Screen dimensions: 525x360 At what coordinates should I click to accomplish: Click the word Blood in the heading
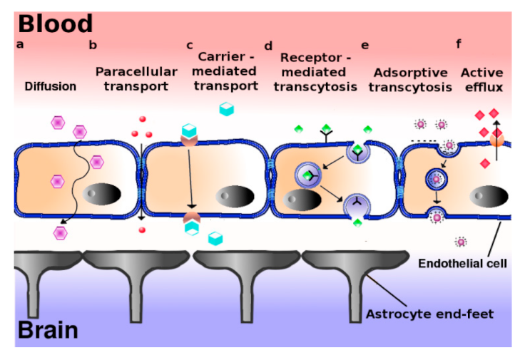click(55, 24)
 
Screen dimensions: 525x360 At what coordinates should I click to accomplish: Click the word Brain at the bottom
click(48, 330)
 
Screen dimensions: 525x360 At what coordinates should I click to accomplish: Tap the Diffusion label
click(51, 86)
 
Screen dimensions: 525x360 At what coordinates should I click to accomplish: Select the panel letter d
click(268, 46)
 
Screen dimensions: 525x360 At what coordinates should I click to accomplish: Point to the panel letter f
click(459, 43)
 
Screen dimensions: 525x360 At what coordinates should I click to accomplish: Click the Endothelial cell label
click(462, 263)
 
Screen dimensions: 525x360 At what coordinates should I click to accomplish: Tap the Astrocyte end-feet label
click(429, 314)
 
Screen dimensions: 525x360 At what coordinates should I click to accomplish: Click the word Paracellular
click(136, 71)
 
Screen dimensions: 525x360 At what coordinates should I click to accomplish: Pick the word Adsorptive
click(410, 73)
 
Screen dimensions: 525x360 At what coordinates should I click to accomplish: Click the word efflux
click(484, 87)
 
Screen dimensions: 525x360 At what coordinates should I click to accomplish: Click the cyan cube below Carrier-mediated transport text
click(226, 109)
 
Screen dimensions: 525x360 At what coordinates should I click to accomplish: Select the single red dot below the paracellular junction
click(142, 230)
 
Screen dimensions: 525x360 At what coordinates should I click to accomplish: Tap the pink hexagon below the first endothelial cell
click(60, 233)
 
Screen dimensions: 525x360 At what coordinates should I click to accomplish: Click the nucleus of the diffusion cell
click(102, 194)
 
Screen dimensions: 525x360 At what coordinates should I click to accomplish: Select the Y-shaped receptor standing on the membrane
click(327, 136)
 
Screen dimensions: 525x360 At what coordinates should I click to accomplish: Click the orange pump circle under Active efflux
click(497, 139)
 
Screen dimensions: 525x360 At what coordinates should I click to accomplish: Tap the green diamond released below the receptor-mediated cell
click(357, 223)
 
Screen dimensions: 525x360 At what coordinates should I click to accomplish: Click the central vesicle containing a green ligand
click(308, 175)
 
